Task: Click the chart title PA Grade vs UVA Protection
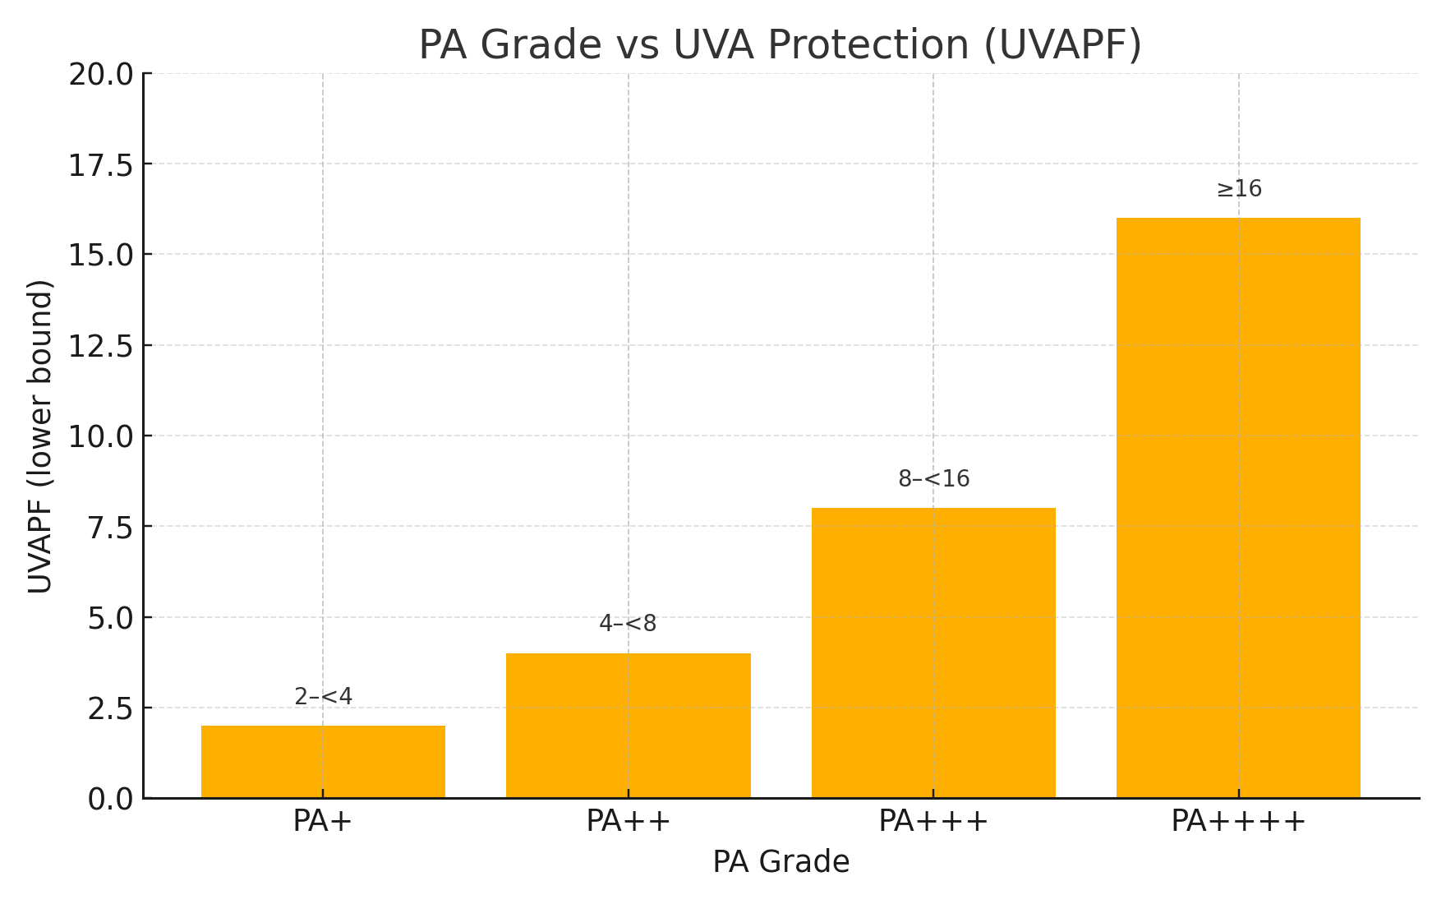(780, 44)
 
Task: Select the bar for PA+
(323, 762)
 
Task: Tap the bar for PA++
(629, 726)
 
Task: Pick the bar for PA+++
(933, 653)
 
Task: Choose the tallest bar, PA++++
(1238, 508)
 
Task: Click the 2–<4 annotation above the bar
(323, 697)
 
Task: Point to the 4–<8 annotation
(629, 624)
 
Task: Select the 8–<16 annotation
(933, 479)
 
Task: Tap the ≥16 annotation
(1238, 189)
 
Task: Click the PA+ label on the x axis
(323, 821)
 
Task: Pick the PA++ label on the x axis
(629, 821)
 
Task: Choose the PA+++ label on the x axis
(933, 821)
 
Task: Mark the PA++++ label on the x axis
(1238, 821)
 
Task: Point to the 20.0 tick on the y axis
(100, 75)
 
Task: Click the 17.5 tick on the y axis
(100, 165)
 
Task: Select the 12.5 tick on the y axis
(100, 346)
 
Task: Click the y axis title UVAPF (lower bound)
(40, 436)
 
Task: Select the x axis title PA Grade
(781, 862)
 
